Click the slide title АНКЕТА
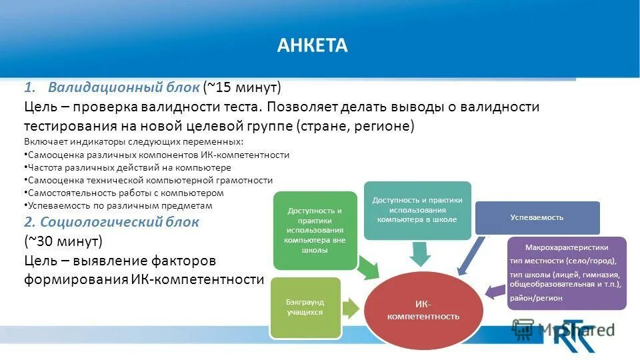pyautogui.click(x=312, y=45)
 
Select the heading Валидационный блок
pyautogui.click(x=123, y=87)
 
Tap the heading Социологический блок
pyautogui.click(x=120, y=222)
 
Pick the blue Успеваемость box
pyautogui.click(x=537, y=217)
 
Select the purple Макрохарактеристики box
pyautogui.click(x=567, y=273)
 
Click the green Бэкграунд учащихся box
pyautogui.click(x=305, y=307)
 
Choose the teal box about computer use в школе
pyautogui.click(x=417, y=210)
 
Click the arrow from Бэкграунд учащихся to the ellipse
pyautogui.click(x=351, y=307)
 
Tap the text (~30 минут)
pyautogui.click(x=64, y=241)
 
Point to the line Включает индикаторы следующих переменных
pyautogui.click(x=133, y=141)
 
